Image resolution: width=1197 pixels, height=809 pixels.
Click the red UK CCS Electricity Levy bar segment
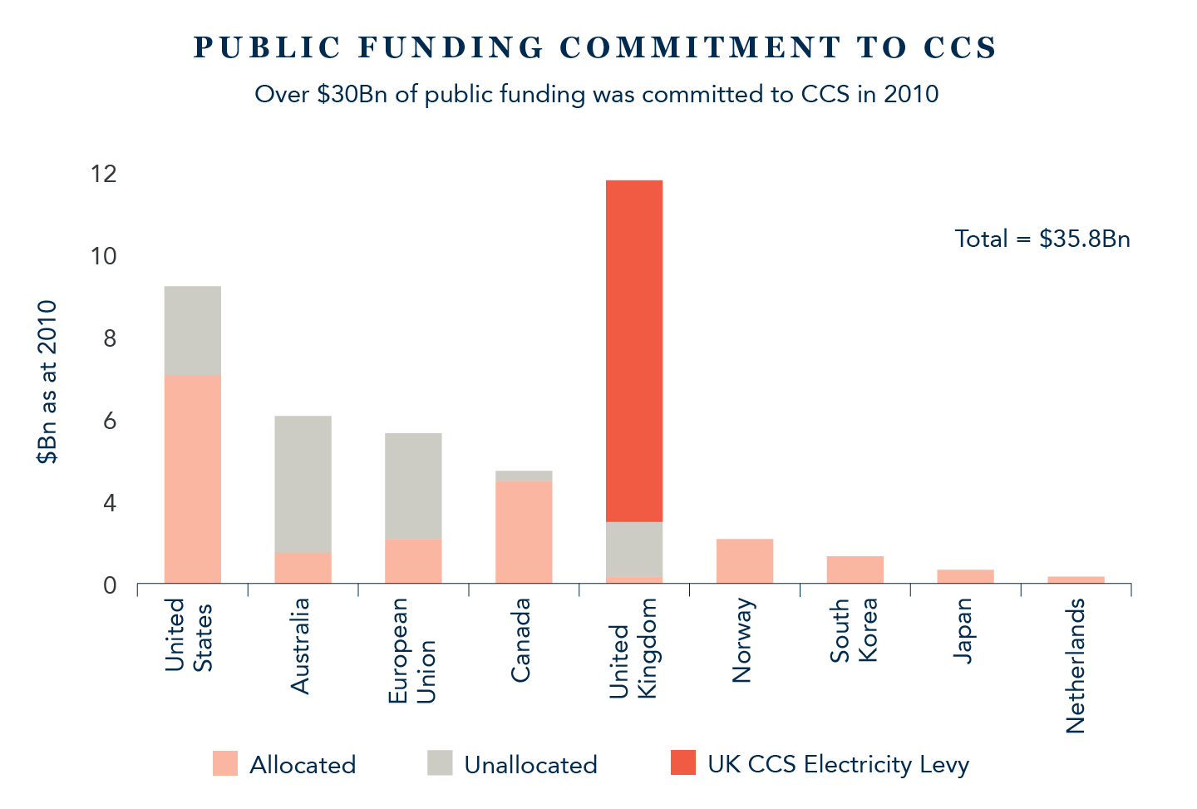click(635, 350)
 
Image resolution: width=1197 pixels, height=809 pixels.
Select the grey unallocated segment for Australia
click(303, 484)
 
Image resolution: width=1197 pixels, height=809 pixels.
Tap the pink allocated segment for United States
click(192, 478)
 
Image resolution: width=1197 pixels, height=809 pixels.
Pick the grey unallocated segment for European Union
click(413, 486)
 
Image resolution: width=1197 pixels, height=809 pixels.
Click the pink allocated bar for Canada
click(524, 531)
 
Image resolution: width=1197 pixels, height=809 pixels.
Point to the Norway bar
click(745, 560)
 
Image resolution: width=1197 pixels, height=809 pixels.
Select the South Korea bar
click(855, 570)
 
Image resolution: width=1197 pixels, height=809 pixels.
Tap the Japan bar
click(965, 576)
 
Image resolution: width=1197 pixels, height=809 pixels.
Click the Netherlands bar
click(1076, 580)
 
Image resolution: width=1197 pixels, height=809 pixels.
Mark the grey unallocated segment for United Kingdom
click(635, 549)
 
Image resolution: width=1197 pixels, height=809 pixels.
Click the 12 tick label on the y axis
click(104, 174)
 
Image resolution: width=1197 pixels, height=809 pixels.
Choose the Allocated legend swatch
click(224, 763)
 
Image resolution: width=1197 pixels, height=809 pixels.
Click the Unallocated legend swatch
click(441, 763)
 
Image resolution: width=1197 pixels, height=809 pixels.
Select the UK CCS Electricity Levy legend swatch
click(682, 763)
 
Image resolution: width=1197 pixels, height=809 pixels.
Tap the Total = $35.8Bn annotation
click(1042, 239)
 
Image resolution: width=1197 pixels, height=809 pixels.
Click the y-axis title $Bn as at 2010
click(47, 382)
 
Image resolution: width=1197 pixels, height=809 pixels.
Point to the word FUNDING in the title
click(451, 48)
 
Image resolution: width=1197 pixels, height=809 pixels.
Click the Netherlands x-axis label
click(1076, 665)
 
